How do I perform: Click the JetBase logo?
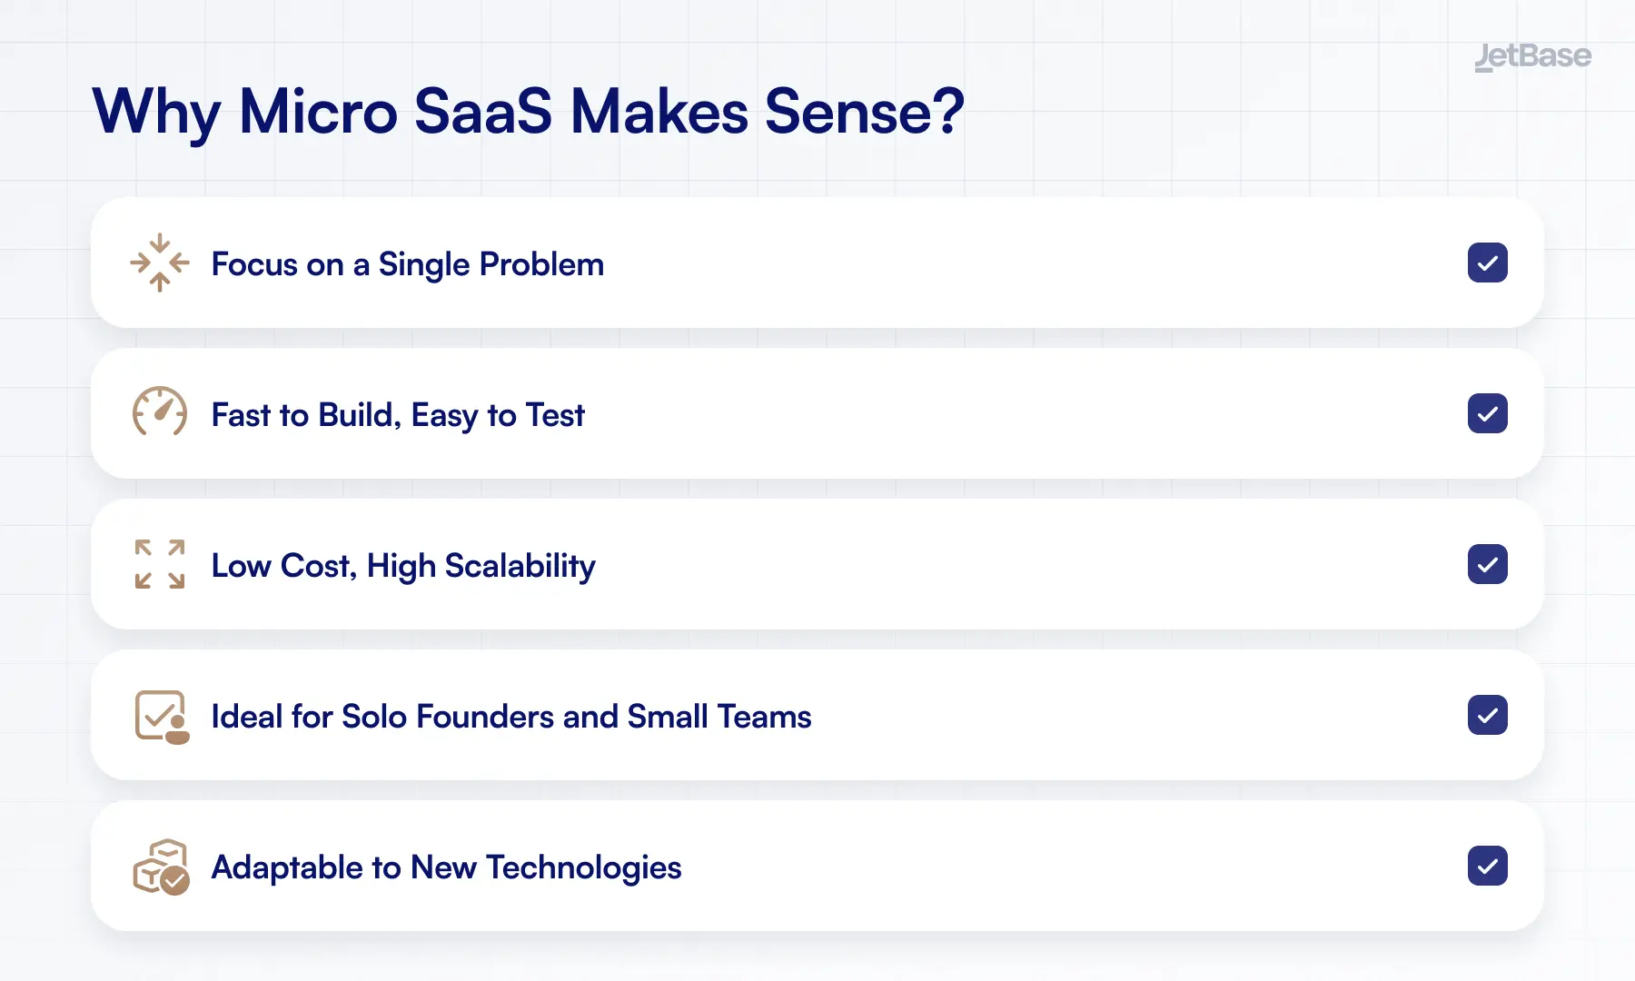(x=1532, y=56)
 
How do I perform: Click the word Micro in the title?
(x=318, y=112)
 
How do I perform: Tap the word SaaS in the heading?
(x=482, y=112)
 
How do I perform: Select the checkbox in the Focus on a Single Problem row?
(x=1487, y=263)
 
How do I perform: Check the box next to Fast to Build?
(x=1487, y=414)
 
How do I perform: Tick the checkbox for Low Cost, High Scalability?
(x=1487, y=565)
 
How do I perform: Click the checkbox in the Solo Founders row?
(x=1487, y=716)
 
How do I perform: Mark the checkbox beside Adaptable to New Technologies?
(x=1487, y=867)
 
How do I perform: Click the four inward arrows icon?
(x=160, y=263)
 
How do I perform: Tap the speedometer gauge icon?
(x=160, y=412)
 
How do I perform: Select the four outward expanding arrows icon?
(x=160, y=564)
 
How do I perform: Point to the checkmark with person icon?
(x=162, y=717)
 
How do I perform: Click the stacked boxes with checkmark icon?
(x=161, y=867)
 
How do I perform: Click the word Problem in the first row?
(x=541, y=264)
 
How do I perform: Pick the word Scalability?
(x=520, y=566)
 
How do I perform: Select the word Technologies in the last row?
(x=583, y=867)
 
